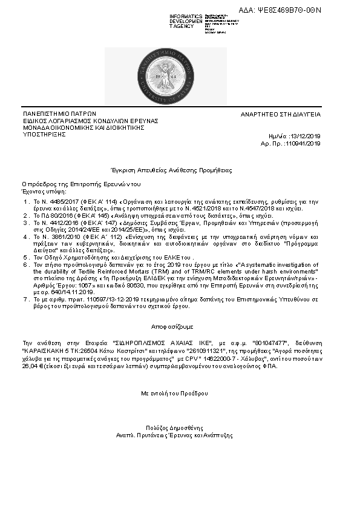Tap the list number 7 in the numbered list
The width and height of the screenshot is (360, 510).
click(25, 299)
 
